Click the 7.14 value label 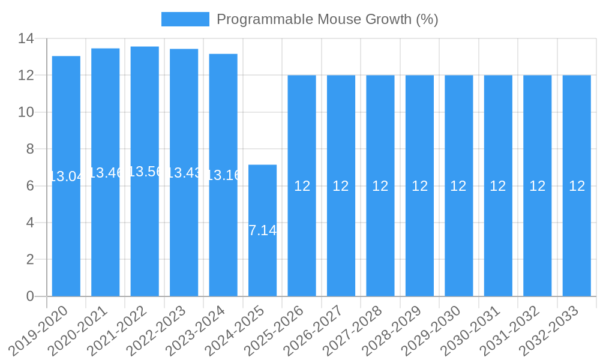262,230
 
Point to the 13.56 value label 145,172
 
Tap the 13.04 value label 66,176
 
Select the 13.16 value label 223,175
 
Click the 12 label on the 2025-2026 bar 302,186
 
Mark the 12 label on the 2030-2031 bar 498,186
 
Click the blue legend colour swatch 185,19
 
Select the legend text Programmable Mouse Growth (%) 327,19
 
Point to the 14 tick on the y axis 26,39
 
